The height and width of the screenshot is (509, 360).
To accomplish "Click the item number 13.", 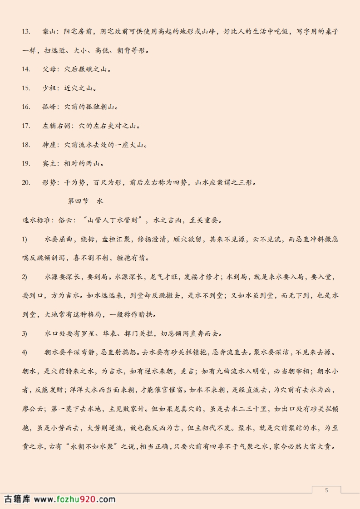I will click(26, 32).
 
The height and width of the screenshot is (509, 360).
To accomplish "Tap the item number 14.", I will click(26, 69).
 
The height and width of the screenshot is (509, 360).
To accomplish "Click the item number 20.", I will click(26, 182).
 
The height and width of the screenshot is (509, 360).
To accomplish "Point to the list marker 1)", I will click(25, 239).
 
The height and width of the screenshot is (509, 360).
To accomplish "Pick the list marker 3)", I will click(25, 333).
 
